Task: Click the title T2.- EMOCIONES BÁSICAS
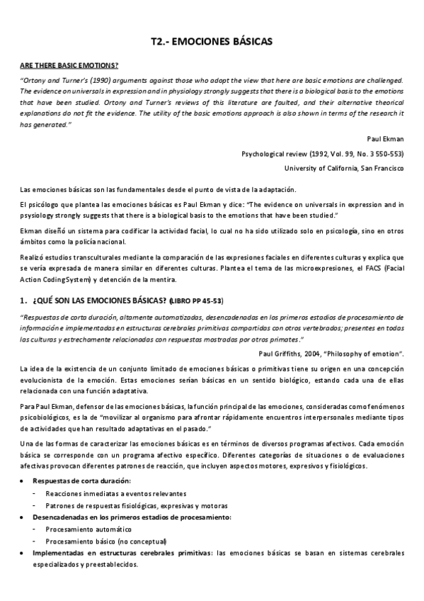(x=212, y=43)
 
